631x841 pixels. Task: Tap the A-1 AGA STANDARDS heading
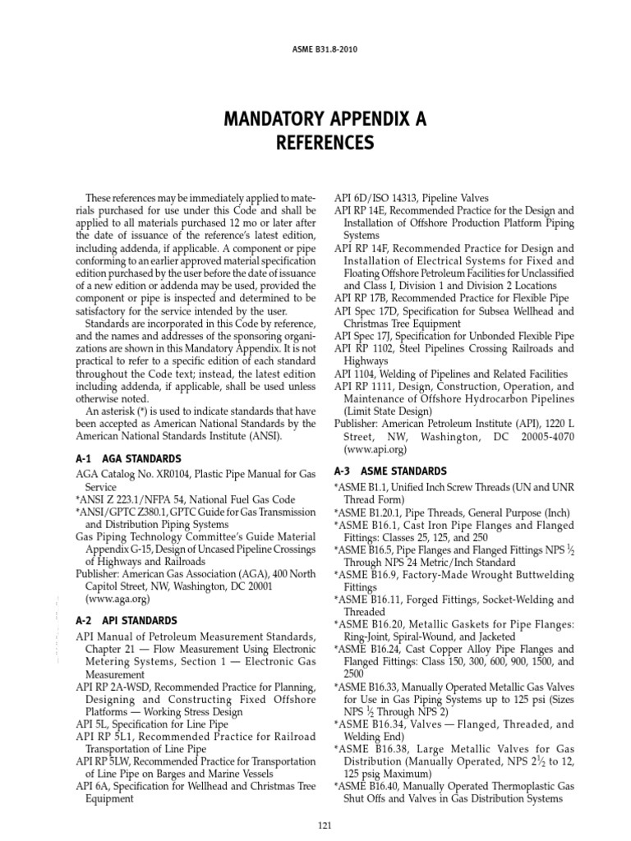coord(127,458)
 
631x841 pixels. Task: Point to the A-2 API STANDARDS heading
coord(126,620)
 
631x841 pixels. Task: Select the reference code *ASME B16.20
coord(366,624)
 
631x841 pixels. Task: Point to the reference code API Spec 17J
coord(367,336)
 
